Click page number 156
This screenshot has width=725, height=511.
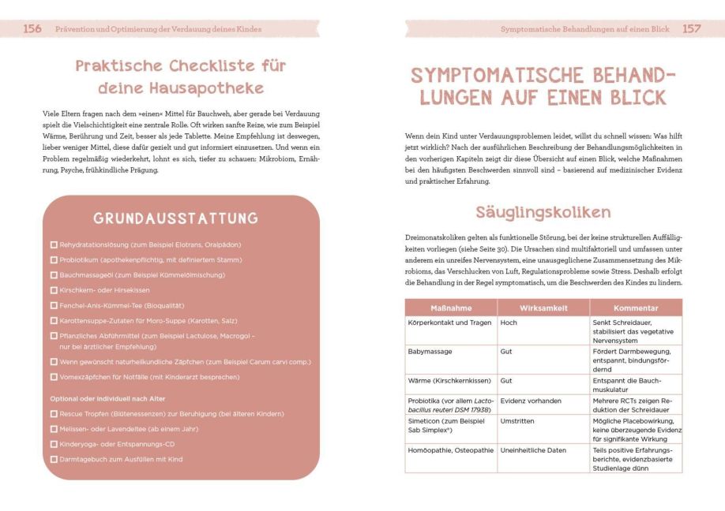(32, 28)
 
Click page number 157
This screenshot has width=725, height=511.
(691, 28)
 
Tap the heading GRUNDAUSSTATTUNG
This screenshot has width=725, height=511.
(176, 218)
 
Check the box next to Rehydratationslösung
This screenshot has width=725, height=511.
(54, 245)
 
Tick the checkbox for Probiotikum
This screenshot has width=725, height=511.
(54, 260)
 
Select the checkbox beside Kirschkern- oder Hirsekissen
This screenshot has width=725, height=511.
(54, 290)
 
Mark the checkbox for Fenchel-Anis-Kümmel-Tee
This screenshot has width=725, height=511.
(54, 305)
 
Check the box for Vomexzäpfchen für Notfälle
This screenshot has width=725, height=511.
(54, 377)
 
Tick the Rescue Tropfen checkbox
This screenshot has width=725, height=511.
(54, 414)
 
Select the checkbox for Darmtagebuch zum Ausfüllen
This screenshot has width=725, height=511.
(54, 459)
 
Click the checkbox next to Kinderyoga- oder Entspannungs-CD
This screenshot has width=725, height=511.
(54, 444)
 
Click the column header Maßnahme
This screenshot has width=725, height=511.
(450, 308)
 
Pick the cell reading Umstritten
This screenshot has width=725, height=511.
(517, 421)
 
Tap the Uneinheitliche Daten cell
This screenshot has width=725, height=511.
(533, 449)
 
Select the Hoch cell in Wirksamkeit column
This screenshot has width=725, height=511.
(509, 323)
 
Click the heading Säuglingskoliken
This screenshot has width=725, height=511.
(543, 212)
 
